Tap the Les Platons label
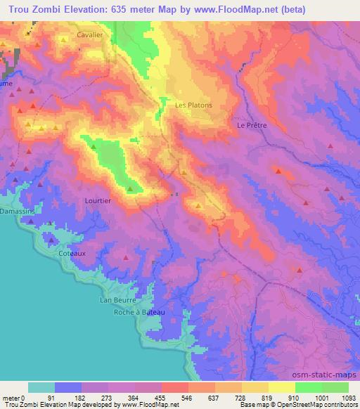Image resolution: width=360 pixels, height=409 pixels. (193, 105)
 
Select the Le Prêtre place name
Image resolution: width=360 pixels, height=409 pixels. (251, 125)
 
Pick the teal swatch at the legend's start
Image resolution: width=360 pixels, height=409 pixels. (41, 387)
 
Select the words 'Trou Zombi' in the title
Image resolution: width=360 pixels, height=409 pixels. (30, 9)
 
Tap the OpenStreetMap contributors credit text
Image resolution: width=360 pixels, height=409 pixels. (316, 405)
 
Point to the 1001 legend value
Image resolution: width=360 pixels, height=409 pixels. (321, 397)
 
